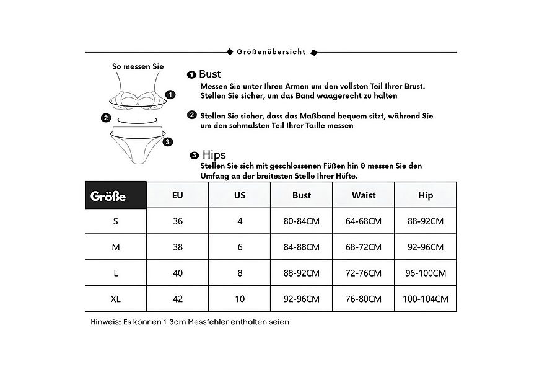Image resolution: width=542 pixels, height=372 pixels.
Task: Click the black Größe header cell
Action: [116, 195]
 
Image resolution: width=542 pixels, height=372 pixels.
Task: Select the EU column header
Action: [178, 195]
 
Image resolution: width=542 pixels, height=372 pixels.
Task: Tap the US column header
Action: [240, 195]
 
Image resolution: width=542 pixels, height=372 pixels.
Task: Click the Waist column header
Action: [364, 195]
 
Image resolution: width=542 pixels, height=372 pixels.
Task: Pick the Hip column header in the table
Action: [426, 195]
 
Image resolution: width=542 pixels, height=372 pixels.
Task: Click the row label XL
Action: [116, 298]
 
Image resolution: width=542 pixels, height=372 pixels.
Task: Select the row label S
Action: [116, 221]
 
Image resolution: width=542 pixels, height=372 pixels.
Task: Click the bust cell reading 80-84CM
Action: [302, 221]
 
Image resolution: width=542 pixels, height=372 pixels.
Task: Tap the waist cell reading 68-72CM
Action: [364, 247]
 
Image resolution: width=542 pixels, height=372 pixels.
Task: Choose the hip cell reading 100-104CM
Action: [426, 298]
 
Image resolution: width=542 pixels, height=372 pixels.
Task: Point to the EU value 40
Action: [178, 273]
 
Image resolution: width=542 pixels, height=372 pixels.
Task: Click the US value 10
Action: [240, 298]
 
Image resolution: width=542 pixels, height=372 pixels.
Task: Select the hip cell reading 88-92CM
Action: [426, 221]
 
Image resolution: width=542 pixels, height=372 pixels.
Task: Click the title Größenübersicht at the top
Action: [271, 52]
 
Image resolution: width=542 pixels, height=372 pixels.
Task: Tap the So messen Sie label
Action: [138, 66]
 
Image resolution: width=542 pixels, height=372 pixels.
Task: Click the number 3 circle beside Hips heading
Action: [194, 155]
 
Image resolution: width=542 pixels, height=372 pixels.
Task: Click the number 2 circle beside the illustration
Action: [106, 118]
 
